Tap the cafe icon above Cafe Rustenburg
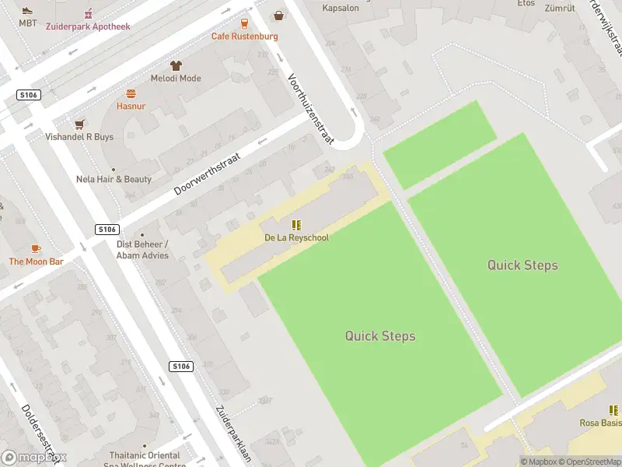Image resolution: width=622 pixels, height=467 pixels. coord(244,23)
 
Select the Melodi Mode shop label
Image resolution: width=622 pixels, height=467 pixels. coord(176,78)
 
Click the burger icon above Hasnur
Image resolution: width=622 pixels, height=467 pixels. coord(131,93)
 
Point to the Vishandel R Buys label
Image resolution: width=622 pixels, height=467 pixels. coord(79,137)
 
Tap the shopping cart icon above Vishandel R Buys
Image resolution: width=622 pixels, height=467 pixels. coord(79,124)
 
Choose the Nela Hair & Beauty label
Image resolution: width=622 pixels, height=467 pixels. coord(114,179)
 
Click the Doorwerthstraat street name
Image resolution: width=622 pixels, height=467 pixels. coord(208,174)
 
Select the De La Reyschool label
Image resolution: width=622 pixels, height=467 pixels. coord(296,237)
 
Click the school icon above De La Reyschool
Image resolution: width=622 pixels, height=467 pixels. coord(296,224)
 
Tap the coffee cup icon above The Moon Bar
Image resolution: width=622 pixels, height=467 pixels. coord(36,248)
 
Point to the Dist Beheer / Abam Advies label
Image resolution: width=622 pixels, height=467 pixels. coord(142,249)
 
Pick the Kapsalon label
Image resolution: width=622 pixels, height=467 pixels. coord(340,9)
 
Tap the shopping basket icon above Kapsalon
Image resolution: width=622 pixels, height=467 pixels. coord(278,15)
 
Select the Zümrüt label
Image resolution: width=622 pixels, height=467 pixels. coord(558,9)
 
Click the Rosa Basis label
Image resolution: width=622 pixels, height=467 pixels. coord(600,423)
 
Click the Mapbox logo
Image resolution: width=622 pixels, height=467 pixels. coord(34,458)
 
